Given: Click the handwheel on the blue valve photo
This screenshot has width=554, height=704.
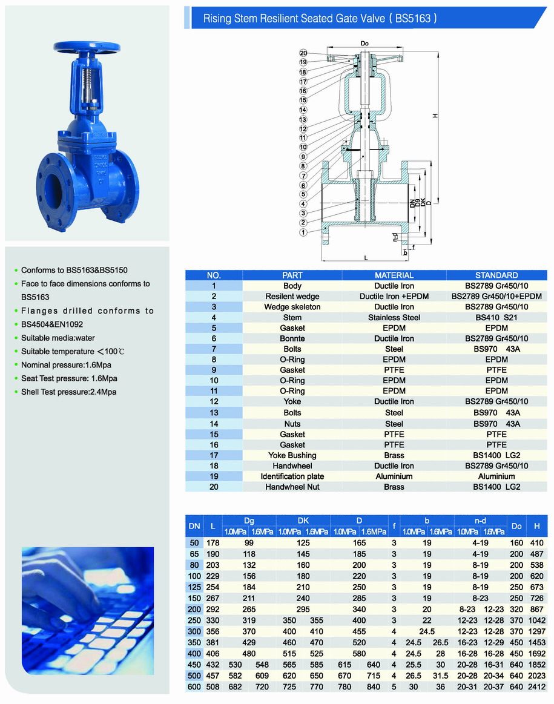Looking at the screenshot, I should click(x=87, y=47).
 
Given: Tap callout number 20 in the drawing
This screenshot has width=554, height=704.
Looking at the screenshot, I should click(x=303, y=53).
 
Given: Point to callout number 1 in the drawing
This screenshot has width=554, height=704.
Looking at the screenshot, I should click(x=303, y=232).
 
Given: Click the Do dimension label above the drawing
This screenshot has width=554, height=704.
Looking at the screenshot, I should click(x=364, y=44).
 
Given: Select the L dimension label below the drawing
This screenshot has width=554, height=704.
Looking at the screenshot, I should click(x=366, y=258).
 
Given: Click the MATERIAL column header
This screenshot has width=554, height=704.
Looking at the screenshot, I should click(x=394, y=275).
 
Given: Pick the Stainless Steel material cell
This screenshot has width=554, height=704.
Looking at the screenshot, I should click(x=394, y=317).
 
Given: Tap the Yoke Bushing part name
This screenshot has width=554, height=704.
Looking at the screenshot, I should click(x=292, y=455).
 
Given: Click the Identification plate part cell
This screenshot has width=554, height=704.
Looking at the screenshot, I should click(x=292, y=476).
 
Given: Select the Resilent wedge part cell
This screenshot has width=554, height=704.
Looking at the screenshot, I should click(x=292, y=296).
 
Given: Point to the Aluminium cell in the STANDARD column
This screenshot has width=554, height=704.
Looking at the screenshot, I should click(x=496, y=476).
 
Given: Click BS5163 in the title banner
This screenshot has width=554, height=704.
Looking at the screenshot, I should click(x=414, y=19).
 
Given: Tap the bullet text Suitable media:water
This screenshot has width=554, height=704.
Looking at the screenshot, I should click(x=58, y=338).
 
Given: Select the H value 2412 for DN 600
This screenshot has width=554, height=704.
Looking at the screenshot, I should click(x=536, y=686).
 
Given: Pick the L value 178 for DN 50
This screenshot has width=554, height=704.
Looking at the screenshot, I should click(x=213, y=543).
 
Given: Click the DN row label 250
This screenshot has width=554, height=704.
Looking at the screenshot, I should click(x=194, y=620).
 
